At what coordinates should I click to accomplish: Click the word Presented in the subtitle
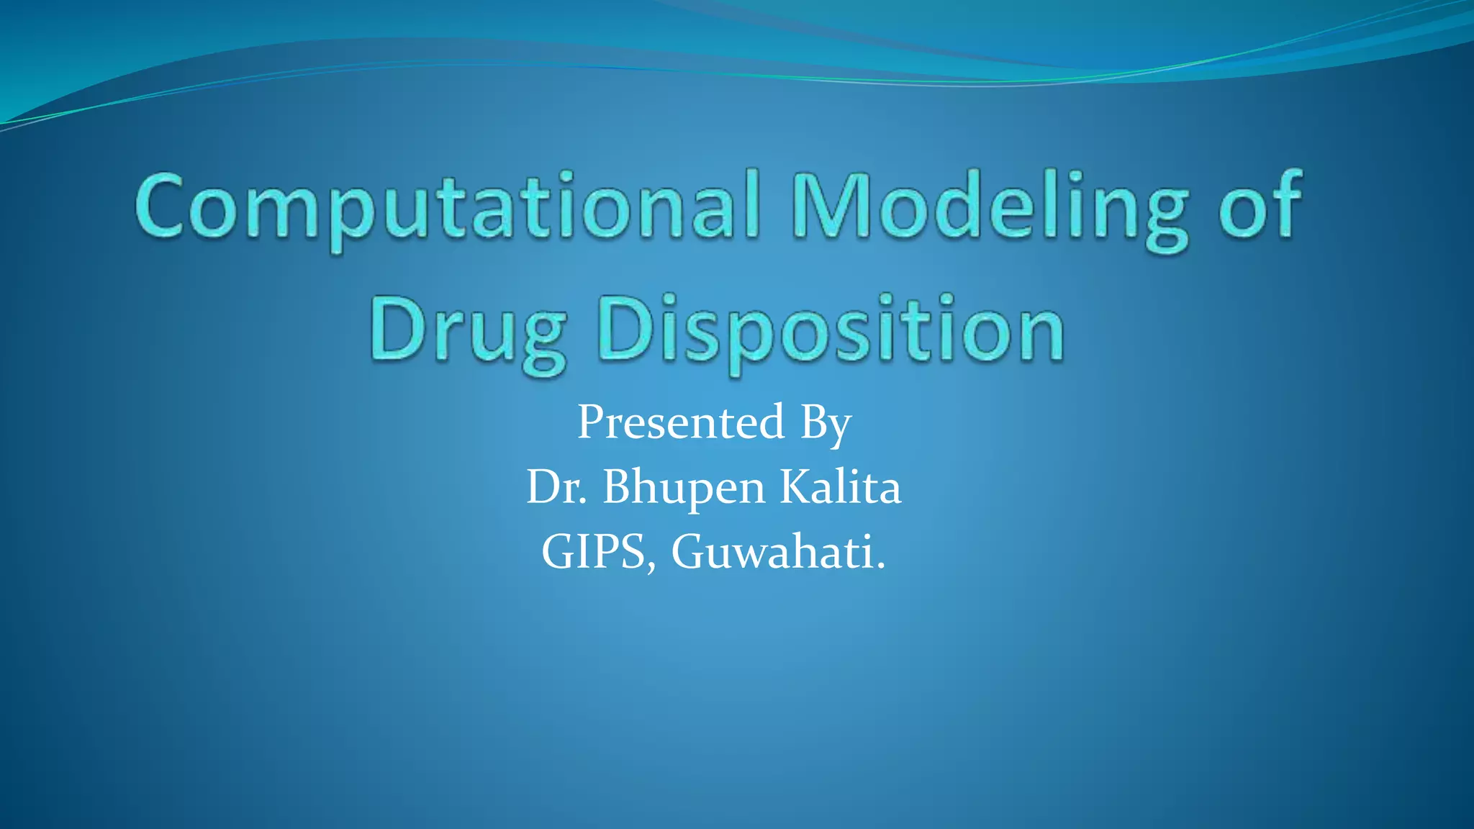click(x=680, y=422)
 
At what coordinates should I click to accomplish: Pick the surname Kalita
click(x=841, y=487)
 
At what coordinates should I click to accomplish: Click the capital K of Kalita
click(x=797, y=487)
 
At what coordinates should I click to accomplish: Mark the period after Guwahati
click(x=880, y=566)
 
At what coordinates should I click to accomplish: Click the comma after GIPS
click(x=651, y=568)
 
